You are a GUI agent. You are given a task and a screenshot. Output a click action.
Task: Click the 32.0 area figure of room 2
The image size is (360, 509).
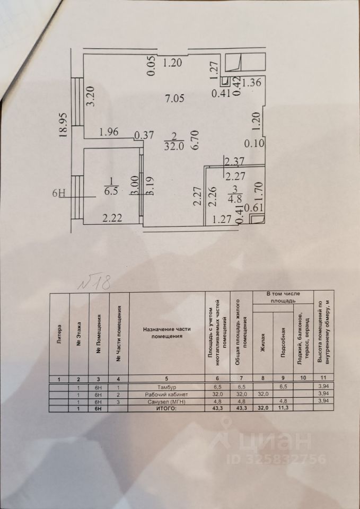coord(174,148)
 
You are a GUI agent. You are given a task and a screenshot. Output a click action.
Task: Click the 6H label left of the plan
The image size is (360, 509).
coord(59,193)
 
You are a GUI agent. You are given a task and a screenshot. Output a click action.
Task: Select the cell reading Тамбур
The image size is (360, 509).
coord(166,388)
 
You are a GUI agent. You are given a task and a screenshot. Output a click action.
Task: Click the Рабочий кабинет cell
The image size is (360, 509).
coord(166,394)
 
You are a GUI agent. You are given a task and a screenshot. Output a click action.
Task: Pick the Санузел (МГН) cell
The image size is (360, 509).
coord(166,402)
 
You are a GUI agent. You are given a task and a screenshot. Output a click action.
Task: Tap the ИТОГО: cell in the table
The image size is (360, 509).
coord(166,409)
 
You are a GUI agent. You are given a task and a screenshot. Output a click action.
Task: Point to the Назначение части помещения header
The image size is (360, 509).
coord(166,332)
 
